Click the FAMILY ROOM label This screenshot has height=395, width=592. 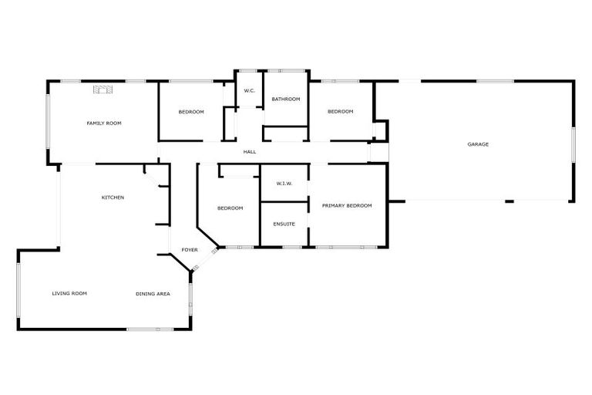point(103,123)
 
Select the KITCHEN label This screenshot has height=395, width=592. point(113,197)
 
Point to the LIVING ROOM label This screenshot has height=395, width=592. point(69,293)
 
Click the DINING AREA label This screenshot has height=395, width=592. point(153,293)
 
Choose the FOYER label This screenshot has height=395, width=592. point(190,250)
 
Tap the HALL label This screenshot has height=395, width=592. point(250,152)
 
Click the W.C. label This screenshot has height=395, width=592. point(249,91)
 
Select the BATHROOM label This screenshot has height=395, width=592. point(285,99)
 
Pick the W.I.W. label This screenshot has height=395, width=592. point(284,184)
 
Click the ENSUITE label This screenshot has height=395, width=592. point(284,224)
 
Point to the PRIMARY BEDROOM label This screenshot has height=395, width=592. point(347,205)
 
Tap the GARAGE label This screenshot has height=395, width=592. point(478,144)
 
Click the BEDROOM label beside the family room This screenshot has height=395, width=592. point(191,113)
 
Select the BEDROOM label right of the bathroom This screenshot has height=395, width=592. point(340,112)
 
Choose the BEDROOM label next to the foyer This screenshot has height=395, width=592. point(230,208)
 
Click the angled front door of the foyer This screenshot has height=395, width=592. point(195,268)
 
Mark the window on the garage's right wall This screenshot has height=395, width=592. point(573,144)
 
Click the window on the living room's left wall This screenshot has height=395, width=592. point(18,293)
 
